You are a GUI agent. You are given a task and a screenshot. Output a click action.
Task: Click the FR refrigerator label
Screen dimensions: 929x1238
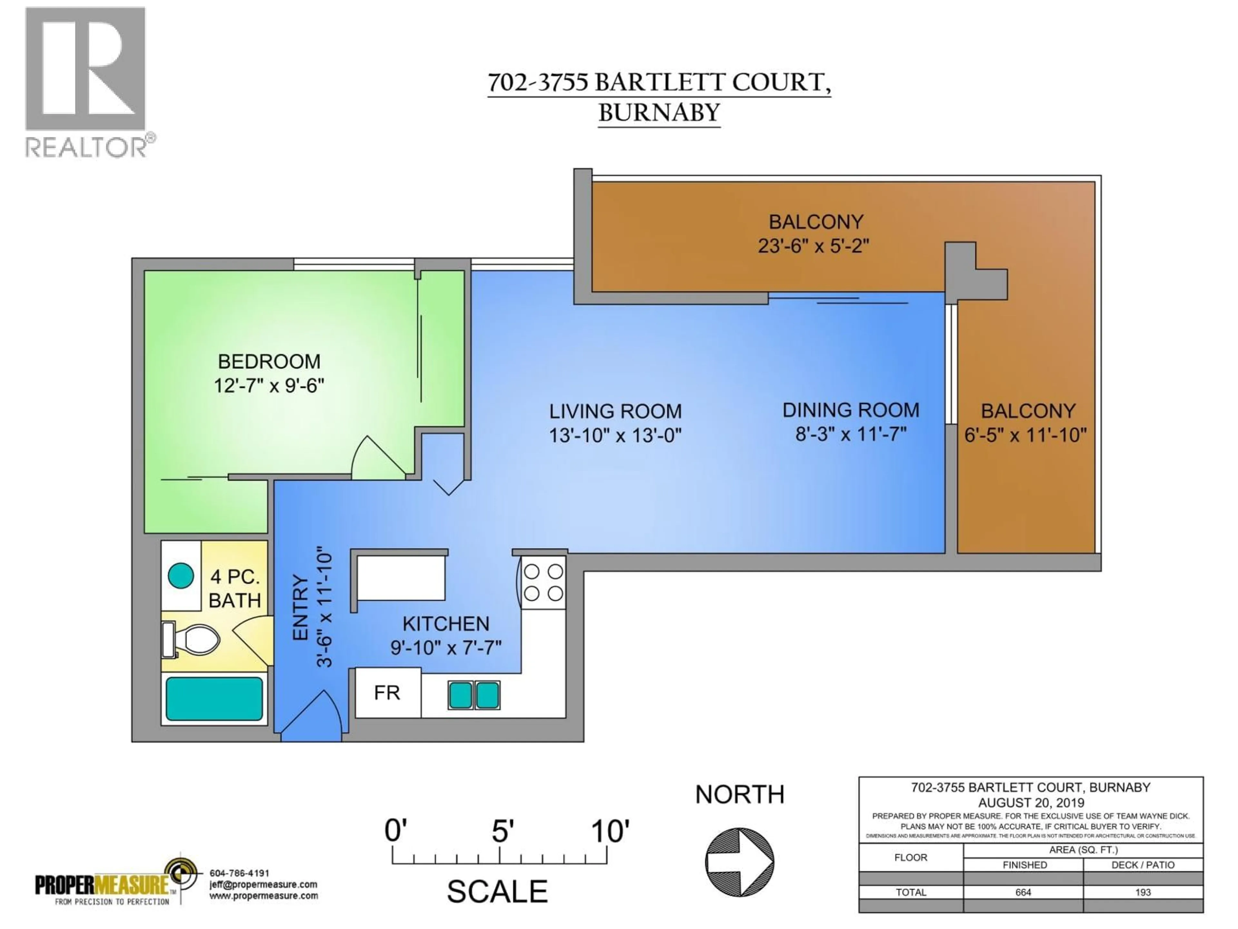coord(387,693)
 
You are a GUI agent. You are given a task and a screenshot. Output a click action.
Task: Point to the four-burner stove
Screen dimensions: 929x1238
coord(543,582)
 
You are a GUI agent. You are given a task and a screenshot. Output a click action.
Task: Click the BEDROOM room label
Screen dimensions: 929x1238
coord(269,362)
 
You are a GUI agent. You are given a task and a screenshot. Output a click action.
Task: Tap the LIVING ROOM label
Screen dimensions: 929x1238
coord(615,412)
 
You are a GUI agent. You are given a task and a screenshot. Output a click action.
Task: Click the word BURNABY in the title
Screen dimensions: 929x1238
coord(659,113)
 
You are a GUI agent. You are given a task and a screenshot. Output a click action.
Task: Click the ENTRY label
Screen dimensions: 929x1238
coord(300,608)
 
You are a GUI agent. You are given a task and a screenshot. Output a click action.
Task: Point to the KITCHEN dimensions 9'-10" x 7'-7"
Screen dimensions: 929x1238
coord(446,648)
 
